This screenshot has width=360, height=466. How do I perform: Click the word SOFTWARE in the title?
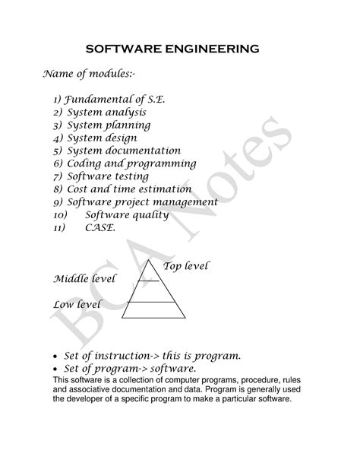click(122, 49)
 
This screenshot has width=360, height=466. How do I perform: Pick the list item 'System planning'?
click(109, 125)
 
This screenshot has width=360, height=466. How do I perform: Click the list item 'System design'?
click(103, 138)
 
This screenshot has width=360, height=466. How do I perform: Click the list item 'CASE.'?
click(100, 228)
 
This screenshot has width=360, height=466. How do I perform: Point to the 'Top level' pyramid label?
click(186, 266)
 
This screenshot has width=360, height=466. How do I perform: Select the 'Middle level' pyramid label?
click(84, 278)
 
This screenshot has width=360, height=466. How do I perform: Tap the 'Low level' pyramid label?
click(77, 305)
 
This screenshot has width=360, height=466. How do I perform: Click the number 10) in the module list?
click(61, 215)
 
